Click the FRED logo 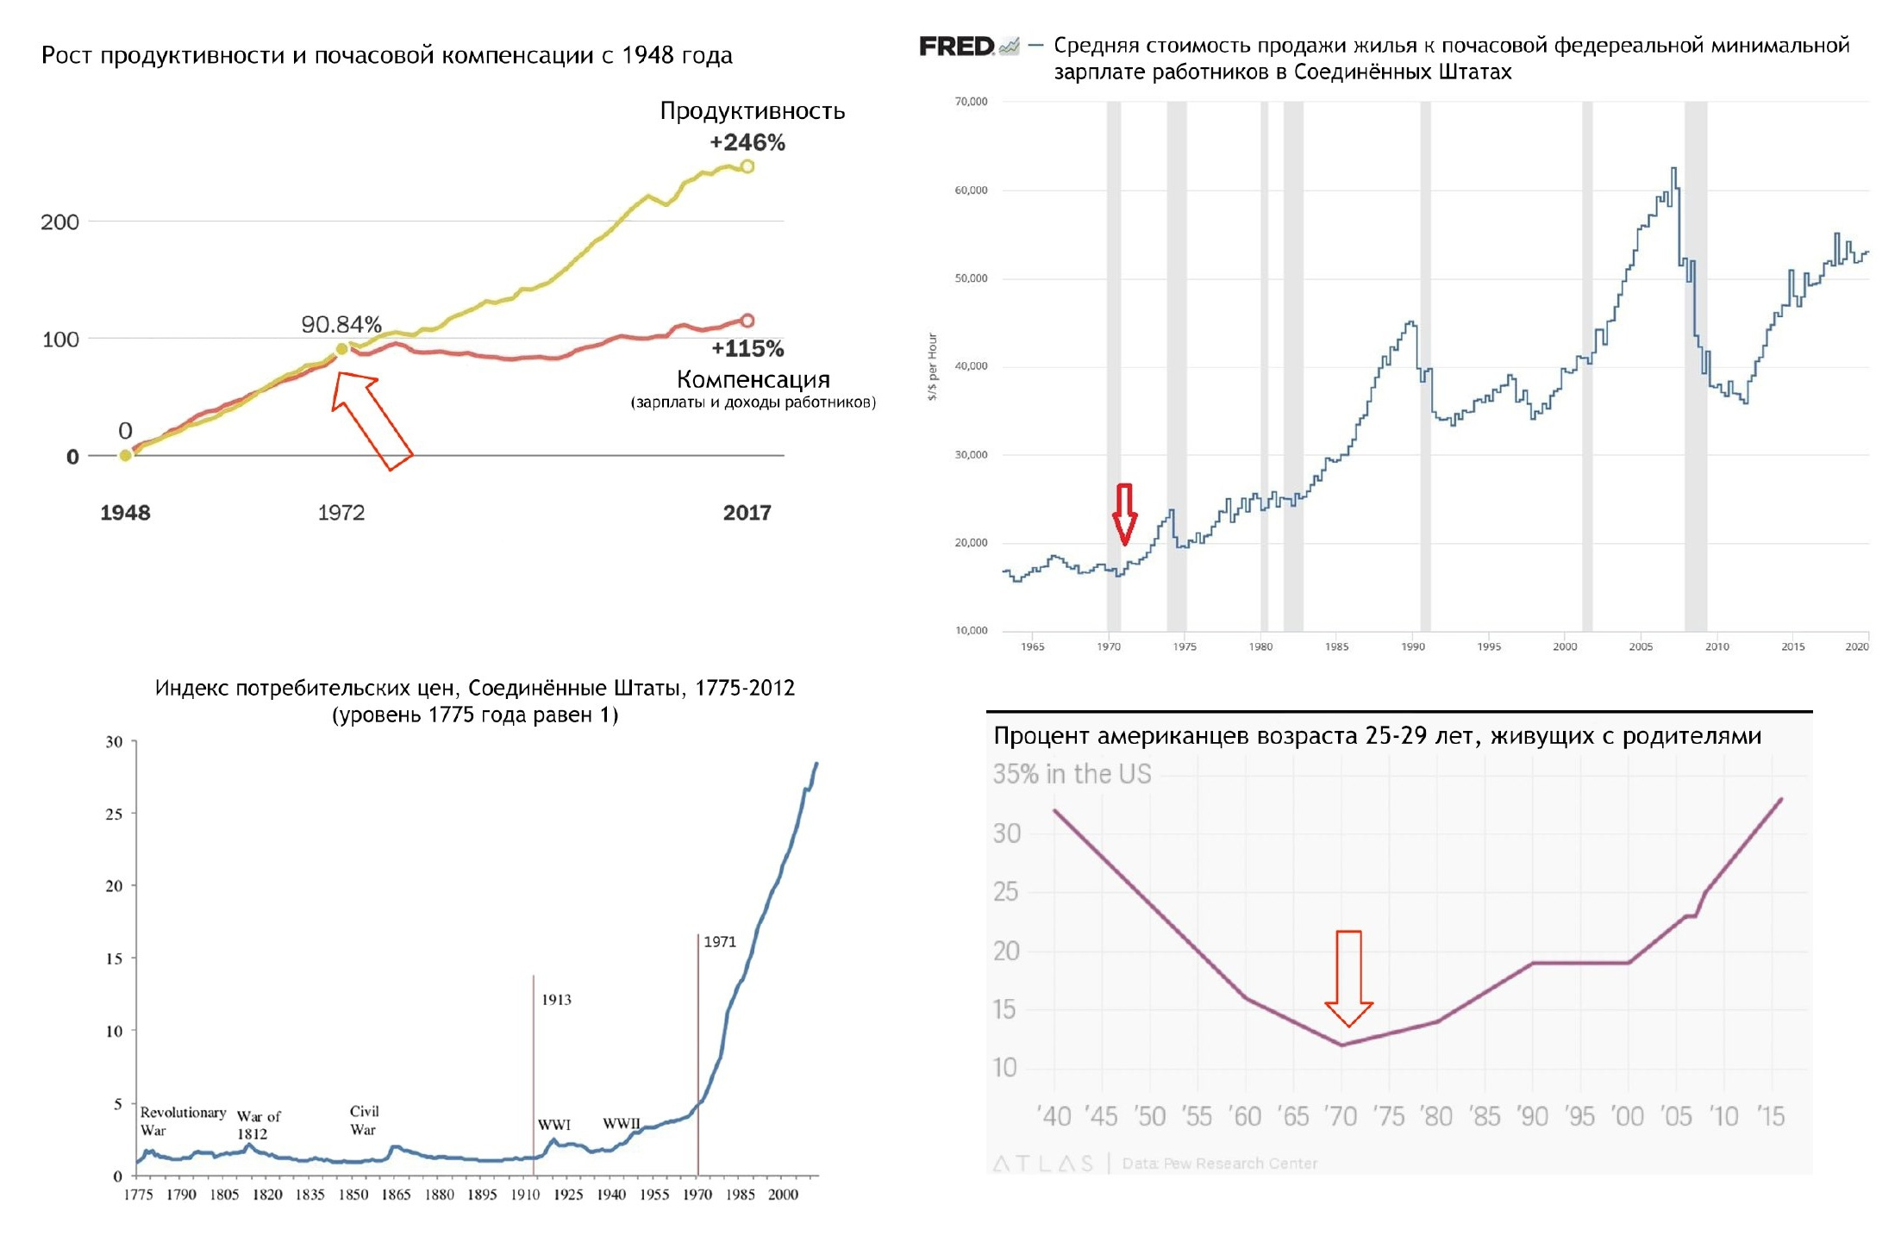957,47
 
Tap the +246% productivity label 747,142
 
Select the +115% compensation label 747,349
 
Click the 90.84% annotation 341,324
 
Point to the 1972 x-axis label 341,513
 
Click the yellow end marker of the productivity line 747,166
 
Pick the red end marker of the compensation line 747,321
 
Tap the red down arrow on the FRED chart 1124,514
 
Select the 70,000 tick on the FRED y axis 971,102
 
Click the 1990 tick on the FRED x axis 1413,646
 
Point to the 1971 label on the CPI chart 720,942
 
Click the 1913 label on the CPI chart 556,1000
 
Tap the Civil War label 364,1121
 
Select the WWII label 621,1124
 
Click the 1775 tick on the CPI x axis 138,1195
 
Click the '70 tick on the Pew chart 1341,1117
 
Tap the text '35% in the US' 1072,774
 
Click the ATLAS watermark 1042,1164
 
